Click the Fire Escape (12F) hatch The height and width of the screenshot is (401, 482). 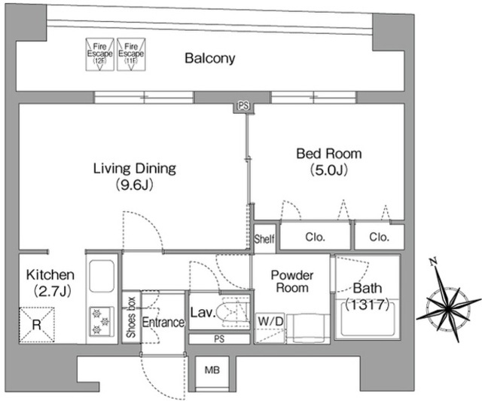click(99, 54)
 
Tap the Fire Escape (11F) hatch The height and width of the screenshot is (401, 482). click(131, 54)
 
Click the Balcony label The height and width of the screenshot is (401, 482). click(210, 58)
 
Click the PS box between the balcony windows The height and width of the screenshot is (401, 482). click(243, 106)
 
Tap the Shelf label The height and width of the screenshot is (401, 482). click(264, 238)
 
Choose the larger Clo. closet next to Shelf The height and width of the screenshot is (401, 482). click(315, 237)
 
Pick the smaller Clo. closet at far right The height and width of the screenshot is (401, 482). click(379, 237)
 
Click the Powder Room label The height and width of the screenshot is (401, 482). click(292, 281)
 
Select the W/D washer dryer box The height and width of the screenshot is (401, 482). click(270, 329)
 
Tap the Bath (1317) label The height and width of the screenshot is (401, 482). click(368, 296)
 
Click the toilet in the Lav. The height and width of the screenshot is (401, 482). click(232, 311)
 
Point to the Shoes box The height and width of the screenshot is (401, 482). click(131, 317)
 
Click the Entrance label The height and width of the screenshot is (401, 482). click(163, 322)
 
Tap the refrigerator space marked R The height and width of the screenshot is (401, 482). click(37, 325)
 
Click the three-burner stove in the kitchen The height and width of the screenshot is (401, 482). click(102, 321)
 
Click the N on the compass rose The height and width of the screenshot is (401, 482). click(434, 262)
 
